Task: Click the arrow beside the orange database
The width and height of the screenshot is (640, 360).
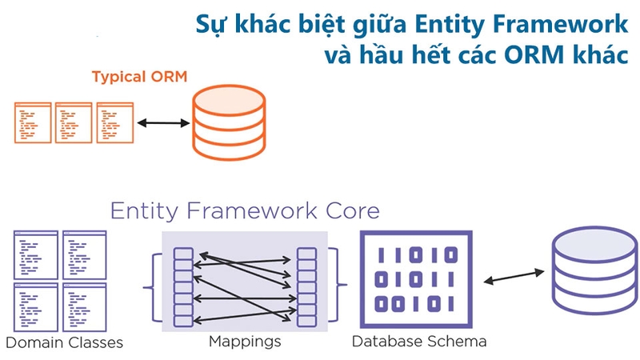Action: click(162, 124)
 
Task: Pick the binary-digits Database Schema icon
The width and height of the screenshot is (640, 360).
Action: click(418, 279)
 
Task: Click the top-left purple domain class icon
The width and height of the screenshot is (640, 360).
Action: click(36, 254)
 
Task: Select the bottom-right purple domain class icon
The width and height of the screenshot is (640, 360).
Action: click(86, 307)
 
